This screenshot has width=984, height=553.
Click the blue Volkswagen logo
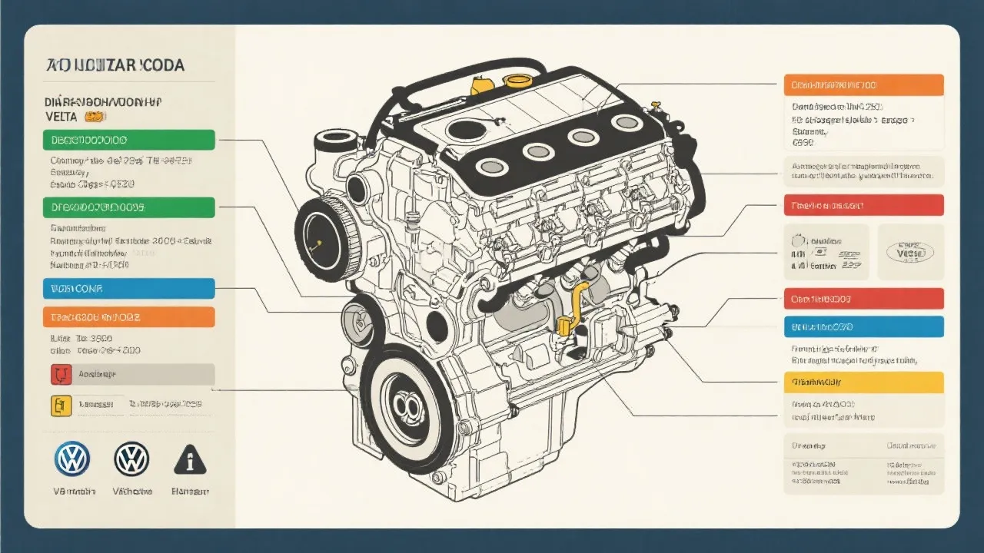(x=72, y=459)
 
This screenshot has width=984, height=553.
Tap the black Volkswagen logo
(x=131, y=459)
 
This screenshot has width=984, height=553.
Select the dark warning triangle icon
(x=190, y=459)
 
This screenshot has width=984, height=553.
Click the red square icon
(x=61, y=374)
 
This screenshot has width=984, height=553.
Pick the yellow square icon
(x=61, y=405)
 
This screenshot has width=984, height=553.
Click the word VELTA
(x=61, y=116)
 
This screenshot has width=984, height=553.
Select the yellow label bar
(x=863, y=382)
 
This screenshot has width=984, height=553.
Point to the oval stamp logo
(x=910, y=251)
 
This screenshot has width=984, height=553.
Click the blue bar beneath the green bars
(x=128, y=289)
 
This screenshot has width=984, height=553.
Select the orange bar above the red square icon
(x=128, y=316)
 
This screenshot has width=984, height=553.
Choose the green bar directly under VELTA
(x=128, y=140)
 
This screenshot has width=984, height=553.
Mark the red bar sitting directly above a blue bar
(x=863, y=298)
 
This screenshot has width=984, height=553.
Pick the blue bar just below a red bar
(x=863, y=326)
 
